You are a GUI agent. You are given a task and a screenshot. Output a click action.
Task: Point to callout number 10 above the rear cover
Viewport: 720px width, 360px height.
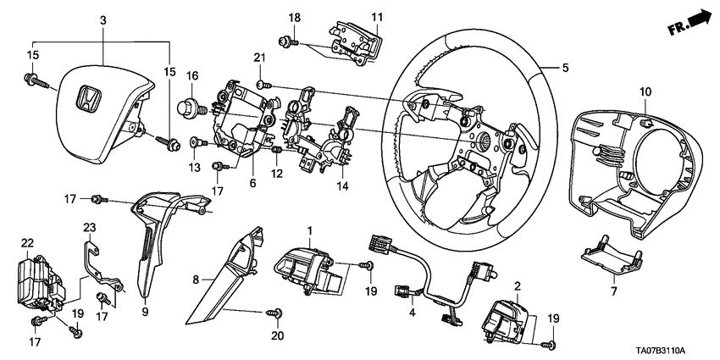tap(645, 91)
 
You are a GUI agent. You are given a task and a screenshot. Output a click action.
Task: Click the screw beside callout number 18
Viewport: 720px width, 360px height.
tap(282, 40)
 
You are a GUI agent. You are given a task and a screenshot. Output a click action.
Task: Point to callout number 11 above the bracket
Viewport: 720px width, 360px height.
tap(377, 17)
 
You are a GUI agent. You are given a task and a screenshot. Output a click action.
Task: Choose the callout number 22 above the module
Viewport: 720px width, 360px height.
tap(26, 243)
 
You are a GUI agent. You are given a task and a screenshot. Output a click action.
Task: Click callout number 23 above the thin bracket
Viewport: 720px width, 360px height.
tap(91, 227)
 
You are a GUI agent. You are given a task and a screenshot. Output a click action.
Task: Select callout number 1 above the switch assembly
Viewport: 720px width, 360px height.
tap(310, 230)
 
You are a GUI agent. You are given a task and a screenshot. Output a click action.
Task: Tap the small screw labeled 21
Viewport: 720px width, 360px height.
tap(262, 83)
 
